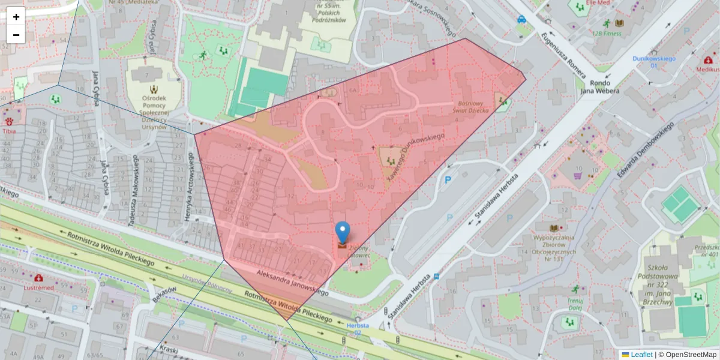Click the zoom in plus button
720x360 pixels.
(x=16, y=17)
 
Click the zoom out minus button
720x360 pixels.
(x=16, y=35)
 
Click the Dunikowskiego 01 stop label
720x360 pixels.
(x=654, y=62)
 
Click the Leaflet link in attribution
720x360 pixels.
(x=641, y=355)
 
